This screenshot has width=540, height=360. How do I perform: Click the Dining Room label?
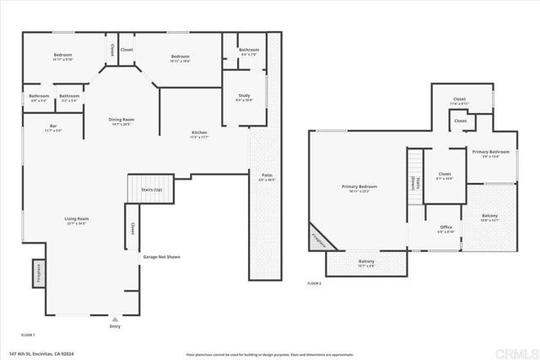tap(121, 121)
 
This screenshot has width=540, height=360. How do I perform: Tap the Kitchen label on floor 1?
tap(199, 134)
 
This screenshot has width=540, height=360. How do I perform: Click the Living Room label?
tap(77, 221)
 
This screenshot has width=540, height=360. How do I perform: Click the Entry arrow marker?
tap(115, 321)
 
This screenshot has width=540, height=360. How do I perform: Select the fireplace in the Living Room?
tap(38, 273)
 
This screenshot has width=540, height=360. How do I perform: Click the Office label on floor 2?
tap(446, 229)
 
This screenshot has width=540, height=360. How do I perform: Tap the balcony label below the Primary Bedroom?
tap(366, 263)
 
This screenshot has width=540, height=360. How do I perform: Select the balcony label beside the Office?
tap(489, 218)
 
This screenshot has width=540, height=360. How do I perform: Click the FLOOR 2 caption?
tap(314, 283)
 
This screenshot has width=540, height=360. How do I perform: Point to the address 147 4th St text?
tap(42, 352)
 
